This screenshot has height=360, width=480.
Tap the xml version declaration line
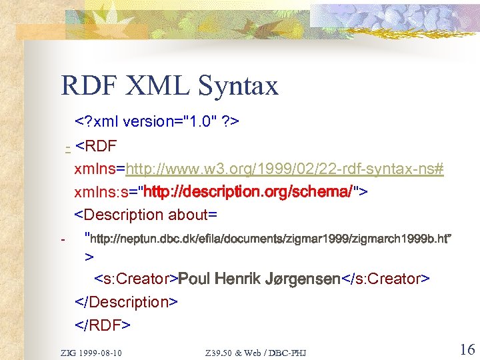157,121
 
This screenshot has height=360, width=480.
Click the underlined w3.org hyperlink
285,169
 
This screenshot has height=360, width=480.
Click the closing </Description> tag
126,302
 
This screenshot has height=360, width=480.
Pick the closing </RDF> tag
103,325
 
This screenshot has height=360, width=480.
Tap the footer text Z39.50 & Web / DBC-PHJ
256,351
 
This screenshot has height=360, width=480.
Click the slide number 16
466,349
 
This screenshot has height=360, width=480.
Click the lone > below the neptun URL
89,257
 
